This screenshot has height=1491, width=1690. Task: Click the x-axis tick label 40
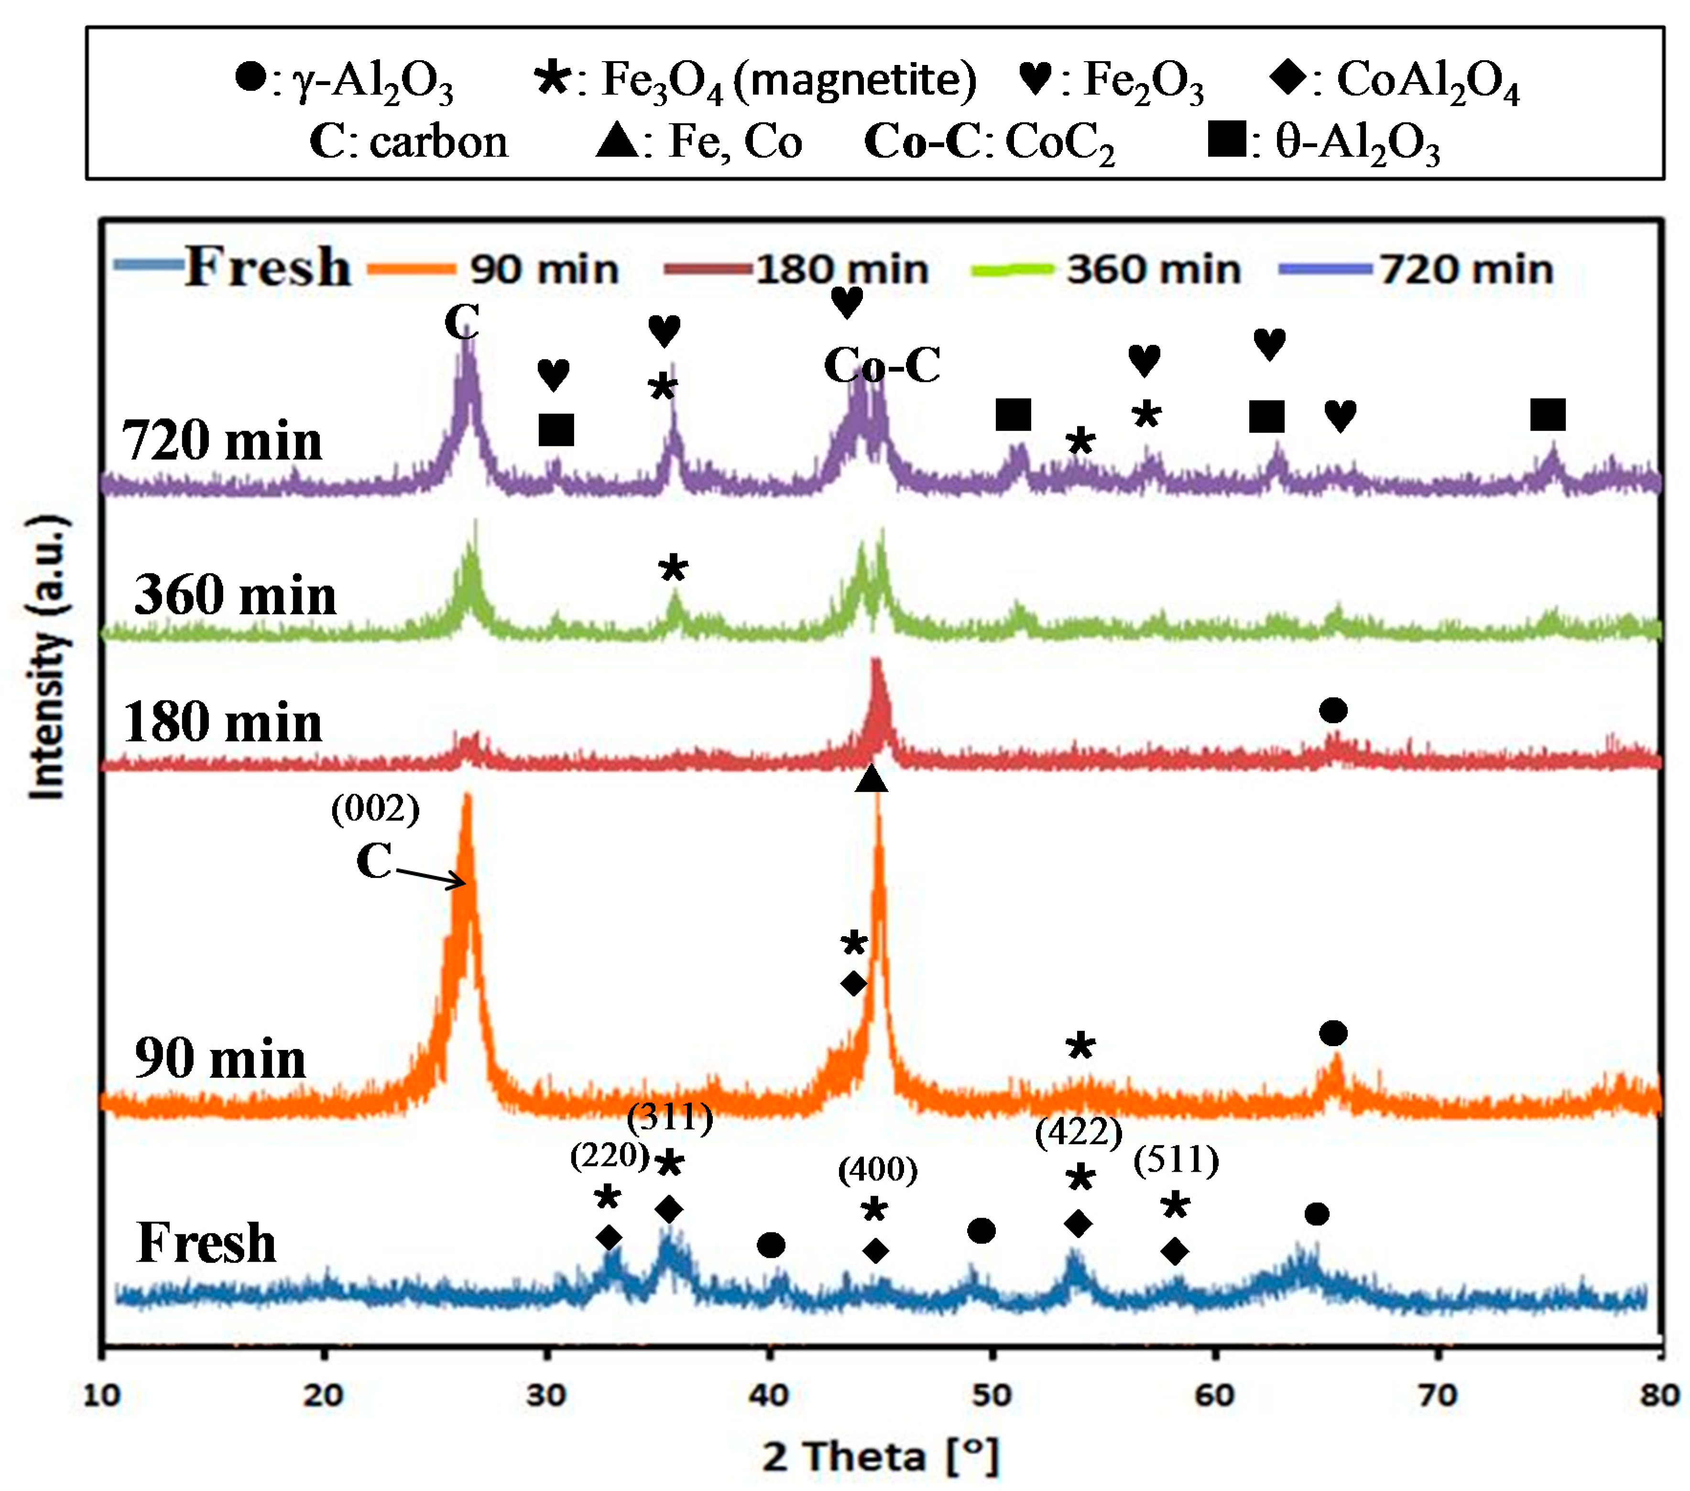coord(769,1395)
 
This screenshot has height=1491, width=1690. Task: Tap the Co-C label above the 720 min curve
coord(882,365)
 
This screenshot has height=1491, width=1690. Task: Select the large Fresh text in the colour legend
coord(267,267)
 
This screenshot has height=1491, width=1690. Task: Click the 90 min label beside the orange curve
coord(220,1058)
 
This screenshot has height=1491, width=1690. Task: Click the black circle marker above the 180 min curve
coord(1333,710)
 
